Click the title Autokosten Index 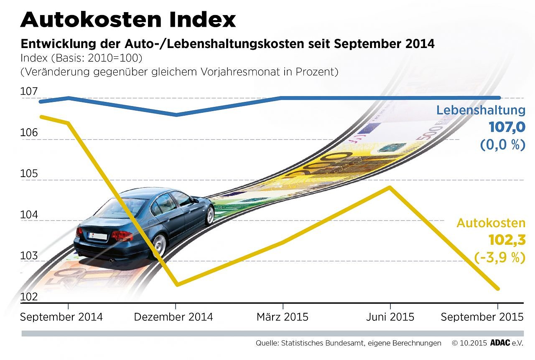click(128, 19)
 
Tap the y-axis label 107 click(29, 92)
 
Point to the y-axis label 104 click(29, 215)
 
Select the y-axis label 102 click(29, 297)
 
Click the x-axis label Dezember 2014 click(173, 317)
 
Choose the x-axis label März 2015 click(283, 317)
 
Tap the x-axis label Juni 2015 click(390, 317)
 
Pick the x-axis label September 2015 click(482, 317)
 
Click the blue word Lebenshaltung click(481, 110)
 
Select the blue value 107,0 click(507, 127)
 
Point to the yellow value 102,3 click(507, 240)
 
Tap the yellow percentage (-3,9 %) click(499, 258)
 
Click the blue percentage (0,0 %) click(502, 145)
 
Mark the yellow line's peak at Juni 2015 click(390, 187)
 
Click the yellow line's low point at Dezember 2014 click(177, 285)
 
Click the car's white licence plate click(98, 236)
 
